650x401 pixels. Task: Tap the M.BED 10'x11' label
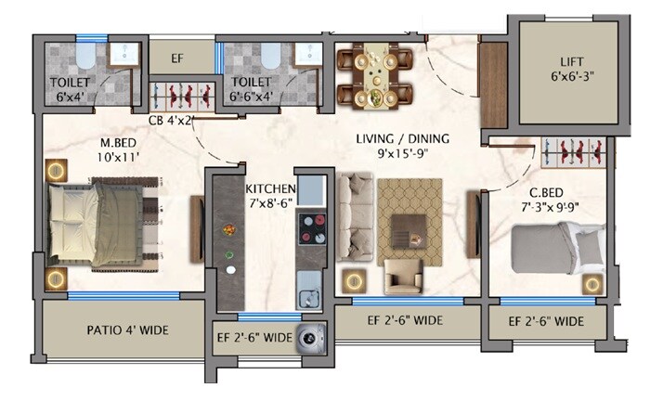click(120, 150)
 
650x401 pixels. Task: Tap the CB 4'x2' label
click(170, 120)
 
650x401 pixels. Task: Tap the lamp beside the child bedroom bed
click(590, 283)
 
